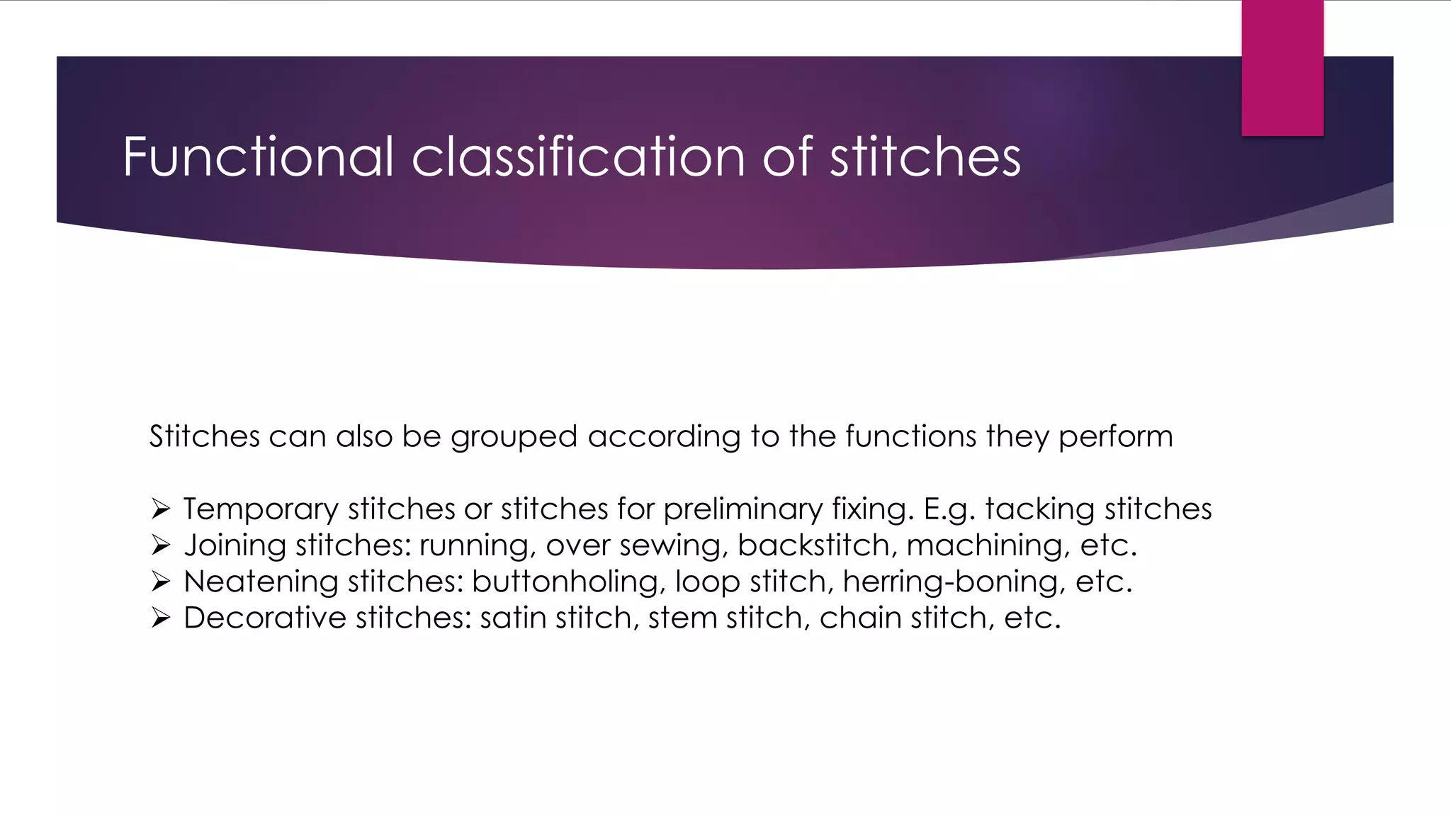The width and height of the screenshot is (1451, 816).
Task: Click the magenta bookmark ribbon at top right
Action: coord(1282,68)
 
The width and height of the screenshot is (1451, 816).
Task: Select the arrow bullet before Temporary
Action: coord(161,509)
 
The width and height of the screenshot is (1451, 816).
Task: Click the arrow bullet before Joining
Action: coord(161,545)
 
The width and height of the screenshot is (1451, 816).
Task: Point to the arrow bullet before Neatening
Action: coord(161,582)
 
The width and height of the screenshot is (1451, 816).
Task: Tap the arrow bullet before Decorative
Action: coord(161,618)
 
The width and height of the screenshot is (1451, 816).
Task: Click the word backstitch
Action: coord(813,545)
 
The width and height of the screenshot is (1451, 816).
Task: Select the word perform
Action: coord(1116,437)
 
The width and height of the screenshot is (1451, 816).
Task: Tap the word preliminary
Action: coord(743,509)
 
